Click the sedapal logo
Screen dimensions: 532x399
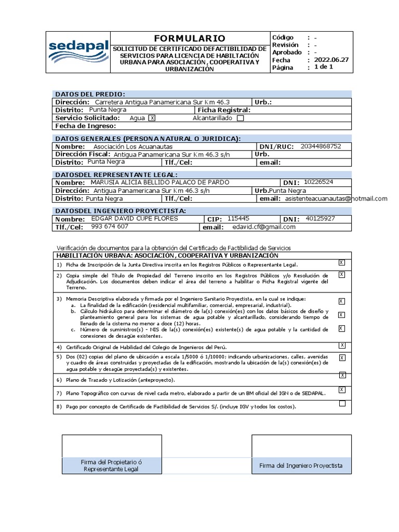78,52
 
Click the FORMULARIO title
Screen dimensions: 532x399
190,38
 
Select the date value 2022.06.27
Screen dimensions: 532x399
331,60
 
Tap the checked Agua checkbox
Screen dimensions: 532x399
152,118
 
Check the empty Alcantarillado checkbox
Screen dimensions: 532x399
240,118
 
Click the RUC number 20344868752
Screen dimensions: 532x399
321,146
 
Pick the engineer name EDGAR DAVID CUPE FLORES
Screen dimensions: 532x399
134,218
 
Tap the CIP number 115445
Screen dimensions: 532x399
238,219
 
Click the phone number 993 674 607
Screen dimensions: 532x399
110,227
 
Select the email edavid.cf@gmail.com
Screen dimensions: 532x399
264,227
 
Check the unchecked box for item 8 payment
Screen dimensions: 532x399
342,404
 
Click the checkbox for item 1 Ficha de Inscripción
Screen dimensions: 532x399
342,262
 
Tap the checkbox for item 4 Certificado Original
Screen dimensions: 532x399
342,345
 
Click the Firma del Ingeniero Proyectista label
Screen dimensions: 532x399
301,465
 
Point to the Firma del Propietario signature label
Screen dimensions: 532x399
112,465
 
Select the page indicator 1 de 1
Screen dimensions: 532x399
324,67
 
